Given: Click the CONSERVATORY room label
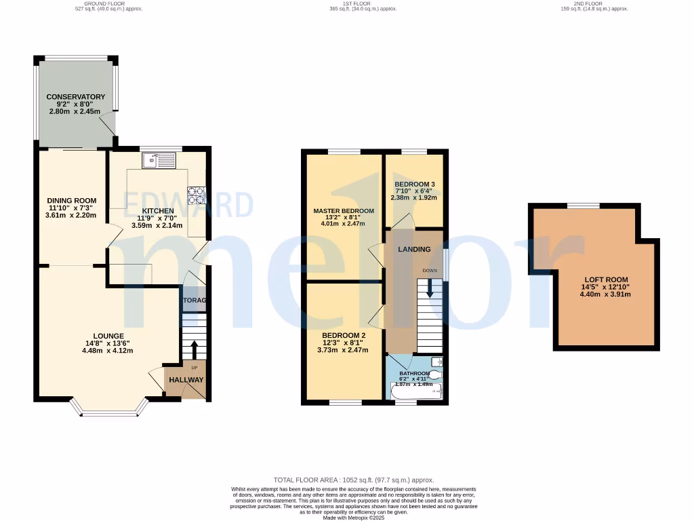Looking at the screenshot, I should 76,97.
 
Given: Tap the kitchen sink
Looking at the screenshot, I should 159,161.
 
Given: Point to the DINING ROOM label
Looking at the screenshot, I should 72,201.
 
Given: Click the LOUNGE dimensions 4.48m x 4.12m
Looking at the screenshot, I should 108,351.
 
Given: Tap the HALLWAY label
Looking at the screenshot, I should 186,380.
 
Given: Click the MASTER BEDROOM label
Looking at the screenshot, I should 344,211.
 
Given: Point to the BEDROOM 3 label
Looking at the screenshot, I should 415,185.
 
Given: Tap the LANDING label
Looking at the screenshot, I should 414,250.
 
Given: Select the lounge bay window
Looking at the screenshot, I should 108,410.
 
